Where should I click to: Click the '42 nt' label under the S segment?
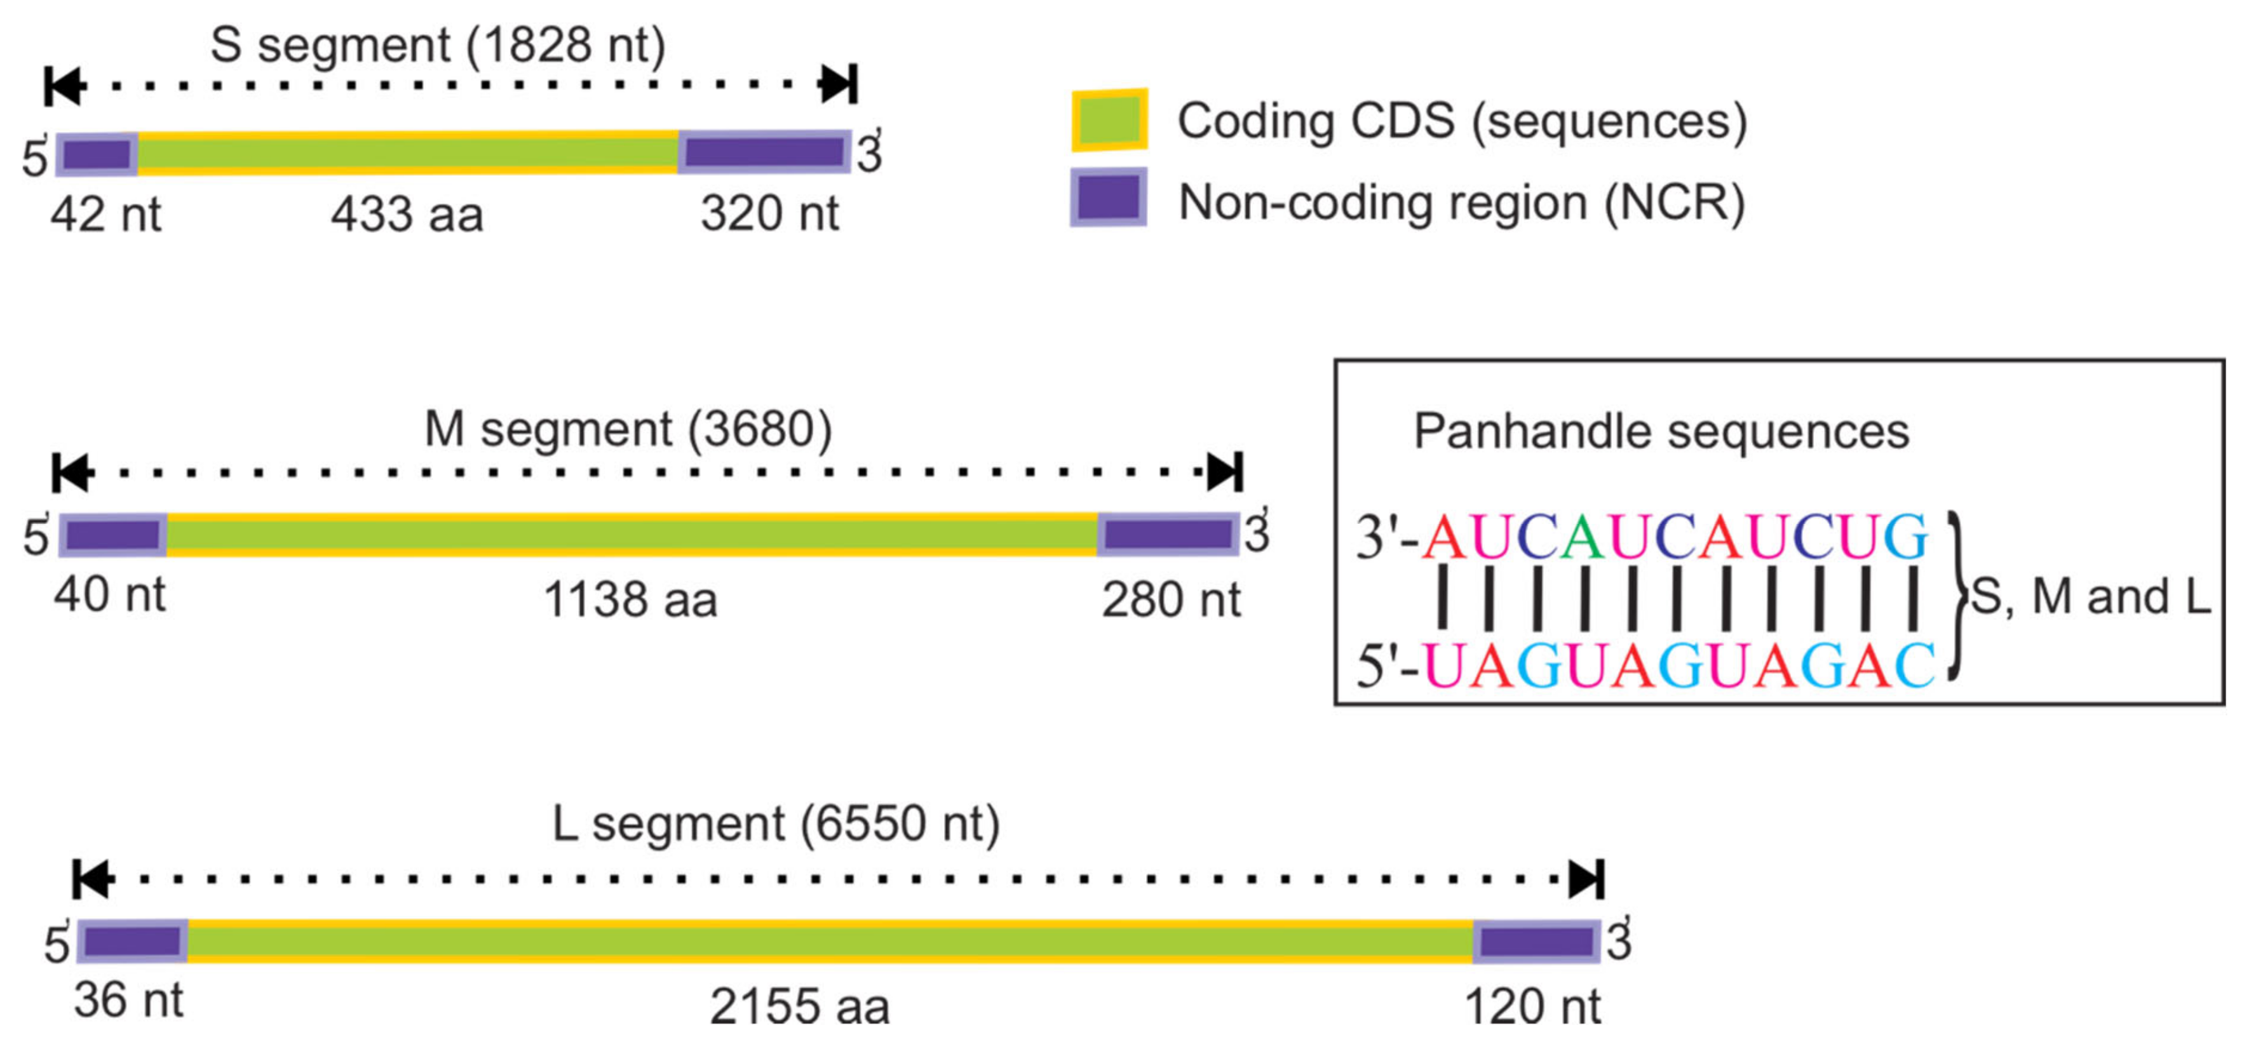tap(105, 215)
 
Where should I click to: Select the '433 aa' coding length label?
tap(407, 215)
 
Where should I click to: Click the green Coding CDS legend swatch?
tap(1109, 121)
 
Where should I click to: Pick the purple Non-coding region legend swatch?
tap(1109, 197)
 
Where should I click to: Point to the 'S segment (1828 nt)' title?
tap(438, 45)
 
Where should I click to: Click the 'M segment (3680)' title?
tap(628, 429)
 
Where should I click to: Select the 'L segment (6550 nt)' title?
tap(776, 824)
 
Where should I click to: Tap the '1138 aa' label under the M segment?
tap(630, 601)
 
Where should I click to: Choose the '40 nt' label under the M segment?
tap(110, 595)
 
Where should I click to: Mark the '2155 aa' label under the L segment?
tap(800, 1006)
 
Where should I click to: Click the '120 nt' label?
tap(1532, 1006)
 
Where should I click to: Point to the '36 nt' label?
tap(129, 1000)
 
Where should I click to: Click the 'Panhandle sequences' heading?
tap(1661, 431)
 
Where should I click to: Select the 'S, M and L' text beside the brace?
tap(2090, 597)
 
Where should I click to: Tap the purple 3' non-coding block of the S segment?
tap(764, 152)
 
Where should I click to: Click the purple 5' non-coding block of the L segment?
tap(133, 941)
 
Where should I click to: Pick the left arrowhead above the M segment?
tap(72, 472)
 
